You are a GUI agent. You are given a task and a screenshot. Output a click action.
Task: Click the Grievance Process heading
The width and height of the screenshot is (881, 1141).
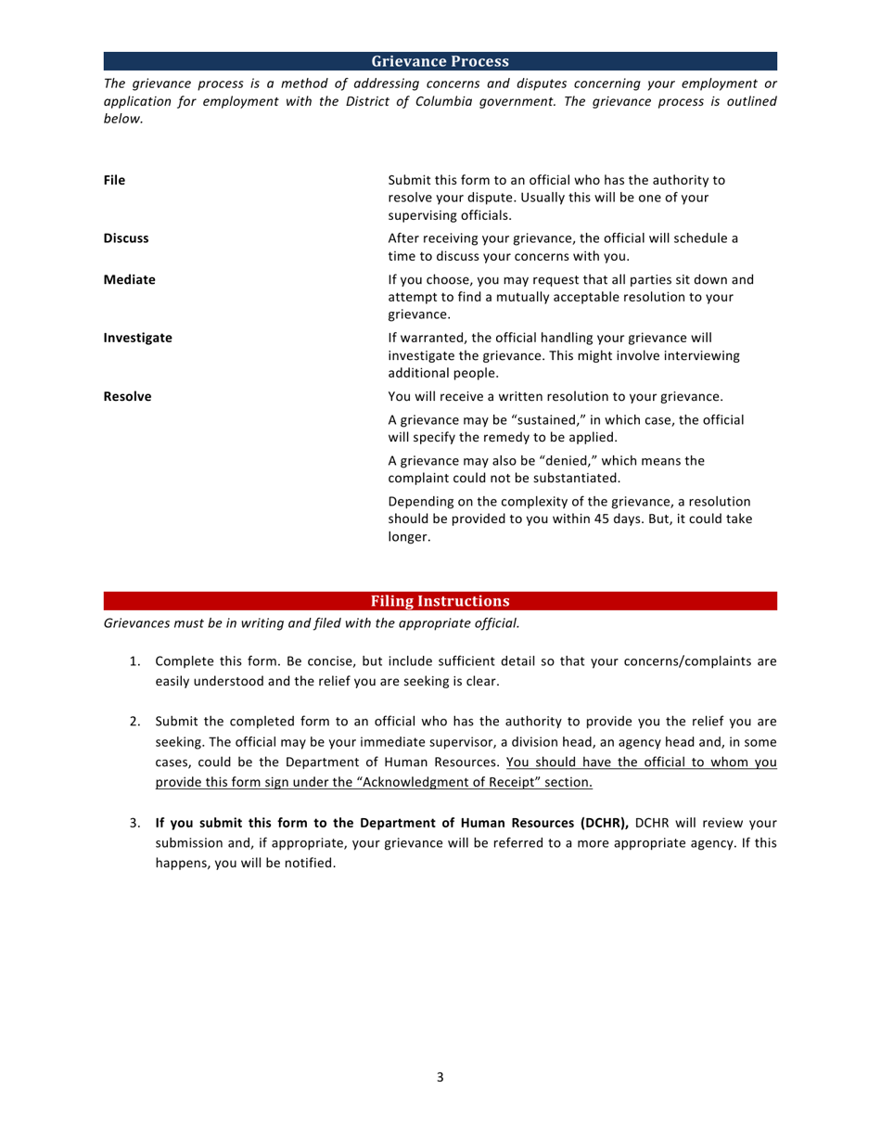click(x=440, y=62)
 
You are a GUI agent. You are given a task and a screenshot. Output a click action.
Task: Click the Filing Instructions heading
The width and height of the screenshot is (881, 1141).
click(x=440, y=601)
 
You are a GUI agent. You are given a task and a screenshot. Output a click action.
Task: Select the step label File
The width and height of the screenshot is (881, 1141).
click(x=114, y=180)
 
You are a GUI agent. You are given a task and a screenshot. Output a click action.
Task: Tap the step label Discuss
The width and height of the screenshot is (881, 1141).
click(x=126, y=238)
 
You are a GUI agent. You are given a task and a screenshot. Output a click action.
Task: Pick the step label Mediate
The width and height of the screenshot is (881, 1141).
click(x=129, y=279)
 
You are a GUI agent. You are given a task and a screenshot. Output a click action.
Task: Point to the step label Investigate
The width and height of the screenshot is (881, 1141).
click(x=137, y=338)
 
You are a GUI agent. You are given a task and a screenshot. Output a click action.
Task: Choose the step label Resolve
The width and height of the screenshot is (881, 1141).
click(x=127, y=396)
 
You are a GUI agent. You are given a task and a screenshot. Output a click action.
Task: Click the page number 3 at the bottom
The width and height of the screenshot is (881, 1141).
click(x=440, y=1077)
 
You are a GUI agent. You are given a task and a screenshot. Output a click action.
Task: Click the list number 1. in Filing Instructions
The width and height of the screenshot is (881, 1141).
click(x=134, y=661)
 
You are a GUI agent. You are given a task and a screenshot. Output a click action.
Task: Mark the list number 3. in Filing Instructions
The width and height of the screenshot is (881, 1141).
click(x=134, y=823)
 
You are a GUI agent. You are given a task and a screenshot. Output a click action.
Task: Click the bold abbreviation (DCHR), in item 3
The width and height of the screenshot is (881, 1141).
click(x=605, y=823)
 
